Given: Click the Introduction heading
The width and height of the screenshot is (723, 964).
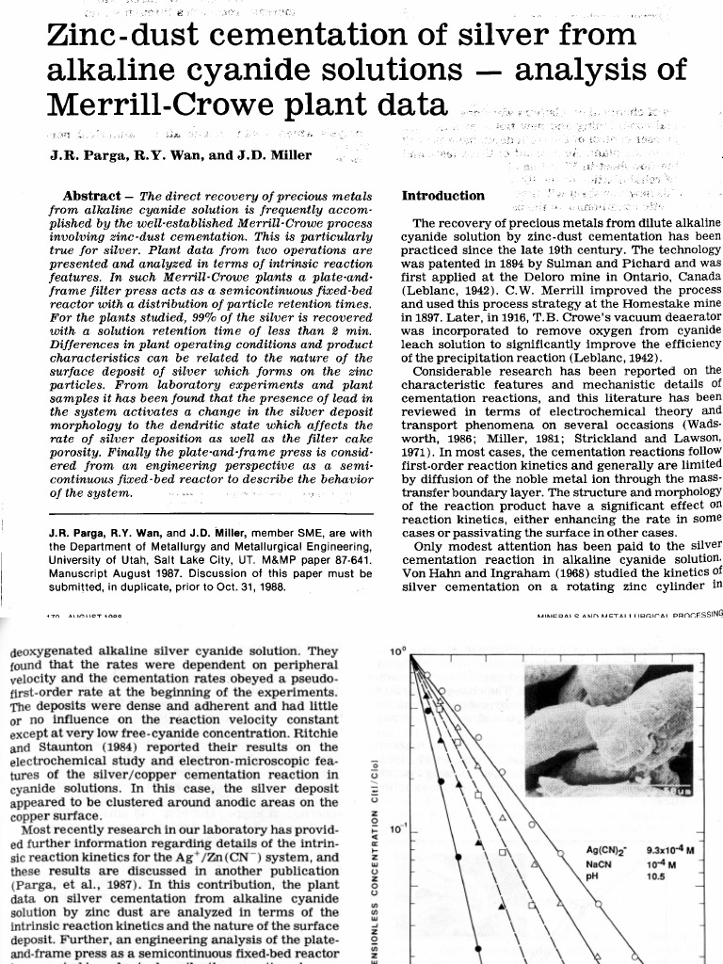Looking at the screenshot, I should (x=443, y=196).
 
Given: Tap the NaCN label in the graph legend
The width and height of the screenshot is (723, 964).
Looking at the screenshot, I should (x=599, y=863).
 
